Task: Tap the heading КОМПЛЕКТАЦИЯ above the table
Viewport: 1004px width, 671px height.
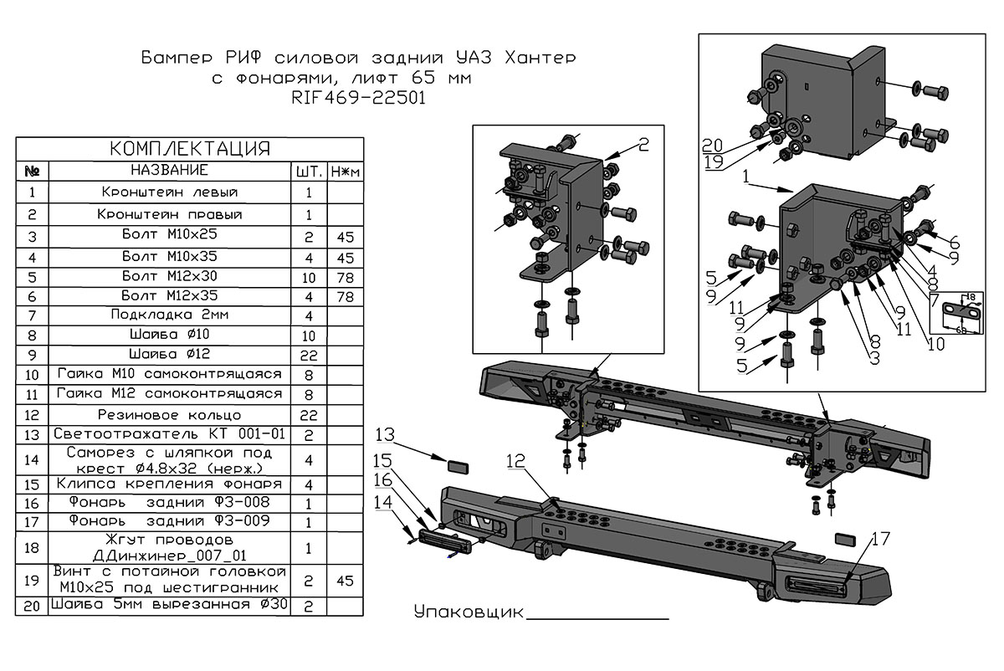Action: (x=190, y=149)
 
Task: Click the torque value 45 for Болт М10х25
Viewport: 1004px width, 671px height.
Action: (x=345, y=238)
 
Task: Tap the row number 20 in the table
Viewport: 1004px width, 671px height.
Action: (x=32, y=605)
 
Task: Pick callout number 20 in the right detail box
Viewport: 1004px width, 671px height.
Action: (x=712, y=143)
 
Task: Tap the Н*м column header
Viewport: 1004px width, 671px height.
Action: (x=345, y=171)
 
